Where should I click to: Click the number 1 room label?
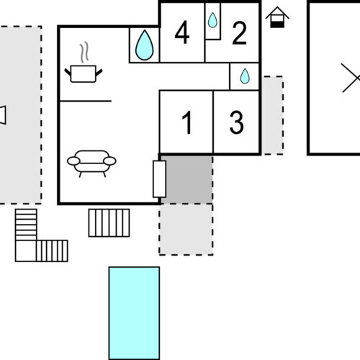tap(186, 122)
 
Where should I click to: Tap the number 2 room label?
tap(239, 32)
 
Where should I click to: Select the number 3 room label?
tap(236, 122)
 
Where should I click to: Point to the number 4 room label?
tap(182, 33)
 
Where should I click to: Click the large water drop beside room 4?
tap(144, 45)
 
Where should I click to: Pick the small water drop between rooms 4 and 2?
tap(212, 20)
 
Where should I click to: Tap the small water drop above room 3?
tap(245, 76)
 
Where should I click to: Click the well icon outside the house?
tap(277, 17)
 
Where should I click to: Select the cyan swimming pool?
tap(134, 312)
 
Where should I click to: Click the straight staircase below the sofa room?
tap(109, 222)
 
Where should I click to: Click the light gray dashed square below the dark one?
tap(186, 229)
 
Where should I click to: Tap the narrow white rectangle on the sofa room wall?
tap(159, 179)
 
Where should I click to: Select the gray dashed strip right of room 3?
tap(271, 115)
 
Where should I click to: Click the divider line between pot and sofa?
tap(85, 102)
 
